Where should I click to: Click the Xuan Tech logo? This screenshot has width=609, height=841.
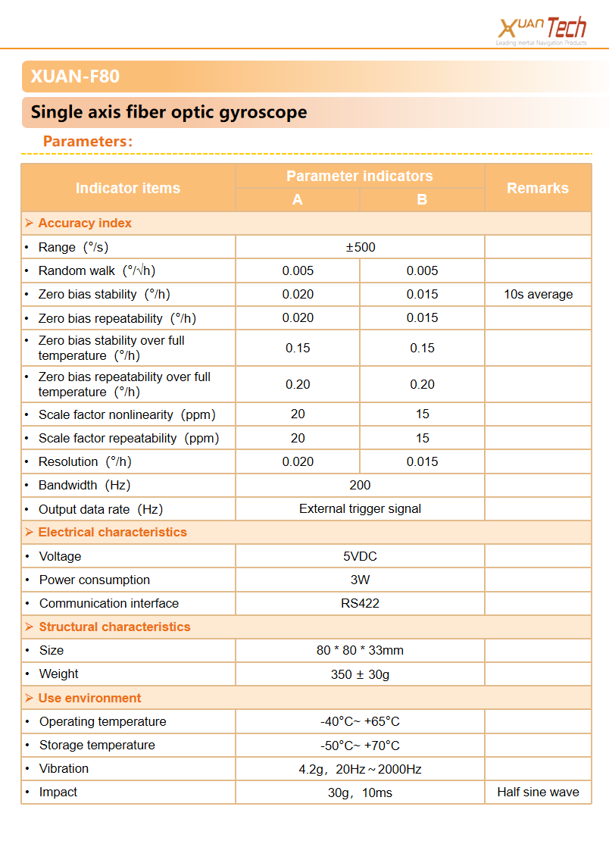point(542,30)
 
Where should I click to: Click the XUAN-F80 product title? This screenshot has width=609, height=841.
point(75,77)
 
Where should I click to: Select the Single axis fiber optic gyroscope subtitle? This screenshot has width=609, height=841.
point(169,113)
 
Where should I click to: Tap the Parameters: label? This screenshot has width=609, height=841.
point(88,142)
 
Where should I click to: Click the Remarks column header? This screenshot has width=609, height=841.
point(538,188)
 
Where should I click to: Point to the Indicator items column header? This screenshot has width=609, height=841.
point(128,188)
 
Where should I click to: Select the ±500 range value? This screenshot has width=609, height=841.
point(360,247)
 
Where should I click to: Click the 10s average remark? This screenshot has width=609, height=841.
point(538,294)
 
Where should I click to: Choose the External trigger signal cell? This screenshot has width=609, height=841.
point(360,508)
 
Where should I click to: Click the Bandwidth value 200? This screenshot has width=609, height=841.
point(360,485)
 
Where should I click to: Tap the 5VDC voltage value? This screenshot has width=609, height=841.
point(360,556)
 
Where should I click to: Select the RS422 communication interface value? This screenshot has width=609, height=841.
point(360,603)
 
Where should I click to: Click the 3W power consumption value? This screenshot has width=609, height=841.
point(360,580)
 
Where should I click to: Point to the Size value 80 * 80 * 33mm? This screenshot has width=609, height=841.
point(360,650)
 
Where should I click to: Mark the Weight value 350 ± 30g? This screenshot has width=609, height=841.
point(360,674)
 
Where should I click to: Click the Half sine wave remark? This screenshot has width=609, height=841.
point(538,792)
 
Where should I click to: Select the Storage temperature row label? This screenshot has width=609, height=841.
point(97,745)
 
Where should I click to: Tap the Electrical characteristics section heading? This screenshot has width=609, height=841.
point(112,532)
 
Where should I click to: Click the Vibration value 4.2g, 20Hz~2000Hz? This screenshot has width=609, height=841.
point(360,769)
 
